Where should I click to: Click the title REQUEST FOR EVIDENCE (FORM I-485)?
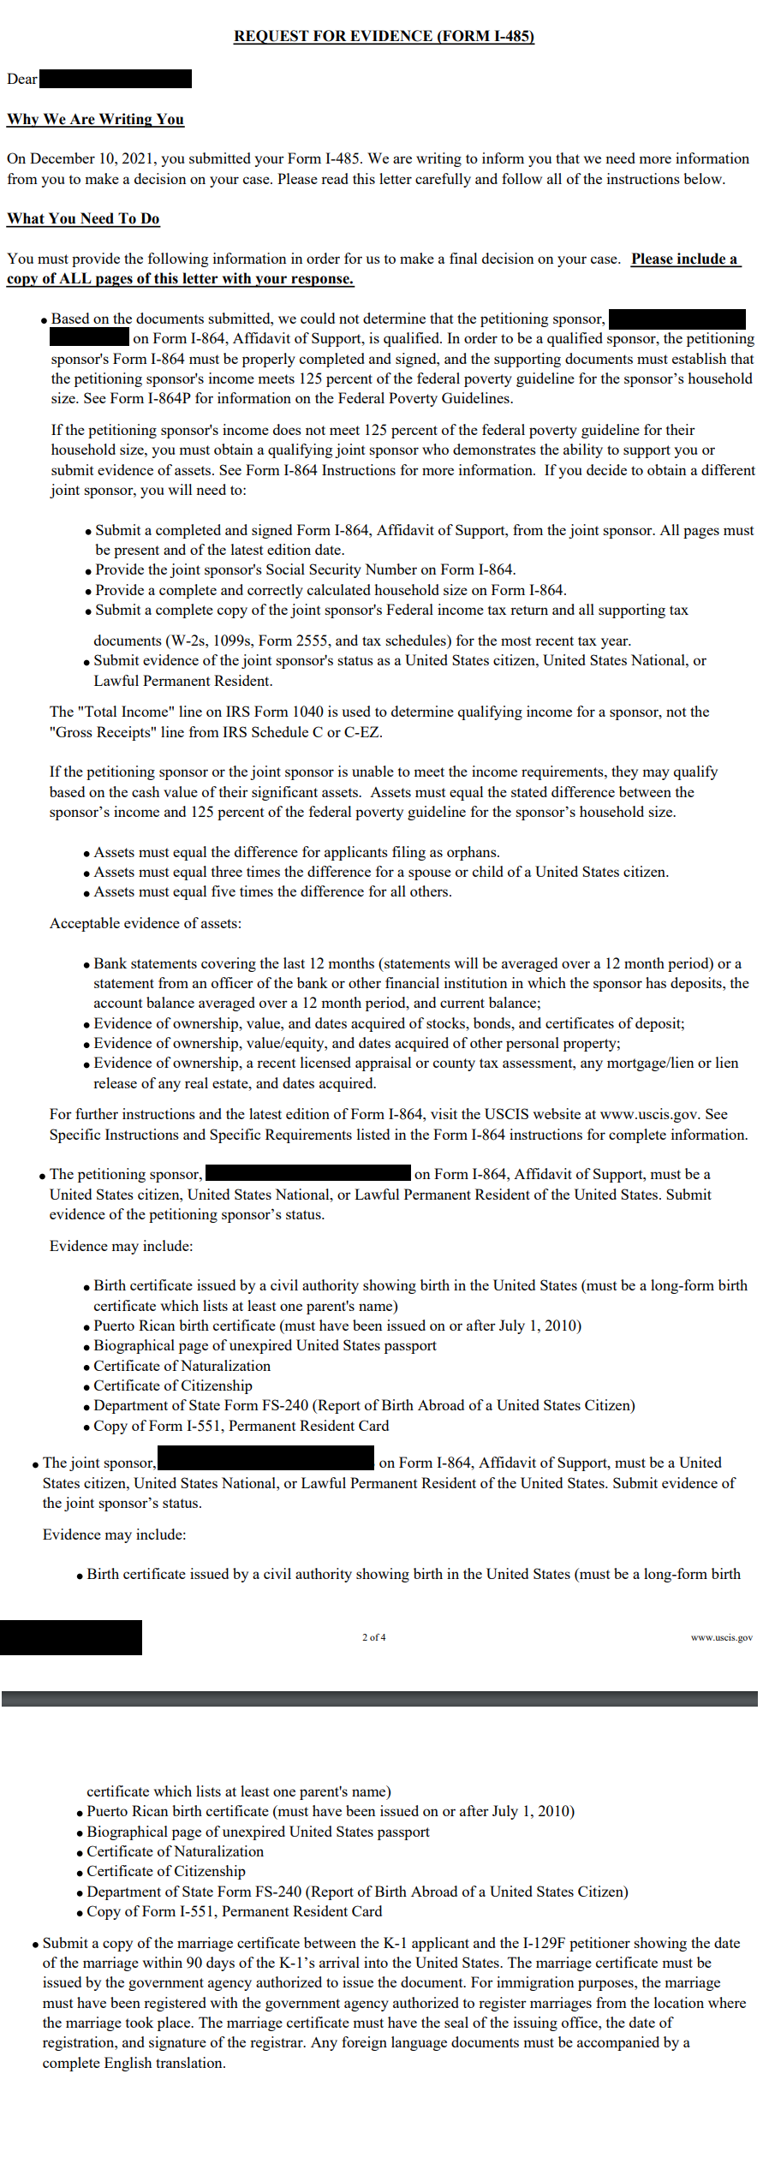(384, 36)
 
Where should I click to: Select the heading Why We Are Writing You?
(95, 119)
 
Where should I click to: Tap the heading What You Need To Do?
(83, 218)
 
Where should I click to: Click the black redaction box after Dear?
(116, 79)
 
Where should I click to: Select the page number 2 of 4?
(373, 1637)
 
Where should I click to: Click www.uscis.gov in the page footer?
(721, 1637)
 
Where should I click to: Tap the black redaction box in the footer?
(71, 1637)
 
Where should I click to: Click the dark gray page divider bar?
(379, 1698)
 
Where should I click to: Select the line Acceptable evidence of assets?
(146, 923)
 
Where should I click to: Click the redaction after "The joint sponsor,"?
(266, 1457)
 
